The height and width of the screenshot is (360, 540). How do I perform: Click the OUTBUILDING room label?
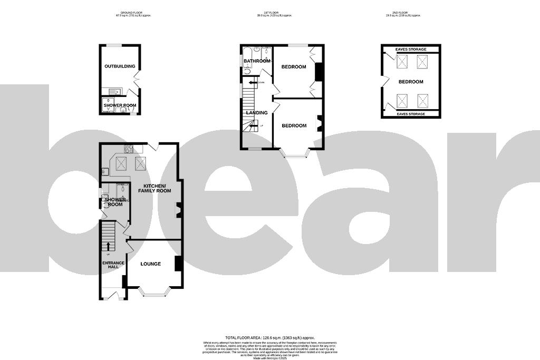click(120, 66)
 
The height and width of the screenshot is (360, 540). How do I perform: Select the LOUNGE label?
click(150, 264)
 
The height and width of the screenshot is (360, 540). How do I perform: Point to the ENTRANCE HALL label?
click(113, 265)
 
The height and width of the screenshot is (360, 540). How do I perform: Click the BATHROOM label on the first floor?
click(257, 61)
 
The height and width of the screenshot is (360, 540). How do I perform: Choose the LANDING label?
click(257, 113)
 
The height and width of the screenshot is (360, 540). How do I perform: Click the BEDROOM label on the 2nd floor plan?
click(411, 82)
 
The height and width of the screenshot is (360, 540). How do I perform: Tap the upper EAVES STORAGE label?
click(411, 50)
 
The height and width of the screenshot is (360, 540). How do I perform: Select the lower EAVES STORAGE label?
click(411, 114)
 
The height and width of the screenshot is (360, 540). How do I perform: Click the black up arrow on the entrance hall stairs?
click(109, 246)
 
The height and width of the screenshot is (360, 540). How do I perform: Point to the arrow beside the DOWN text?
click(261, 82)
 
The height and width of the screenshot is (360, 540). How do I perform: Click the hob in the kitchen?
click(128, 149)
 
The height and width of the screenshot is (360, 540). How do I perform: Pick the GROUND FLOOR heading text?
click(126, 13)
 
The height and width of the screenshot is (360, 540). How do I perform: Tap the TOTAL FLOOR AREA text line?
click(269, 337)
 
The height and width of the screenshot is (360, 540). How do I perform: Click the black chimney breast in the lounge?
click(178, 263)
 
